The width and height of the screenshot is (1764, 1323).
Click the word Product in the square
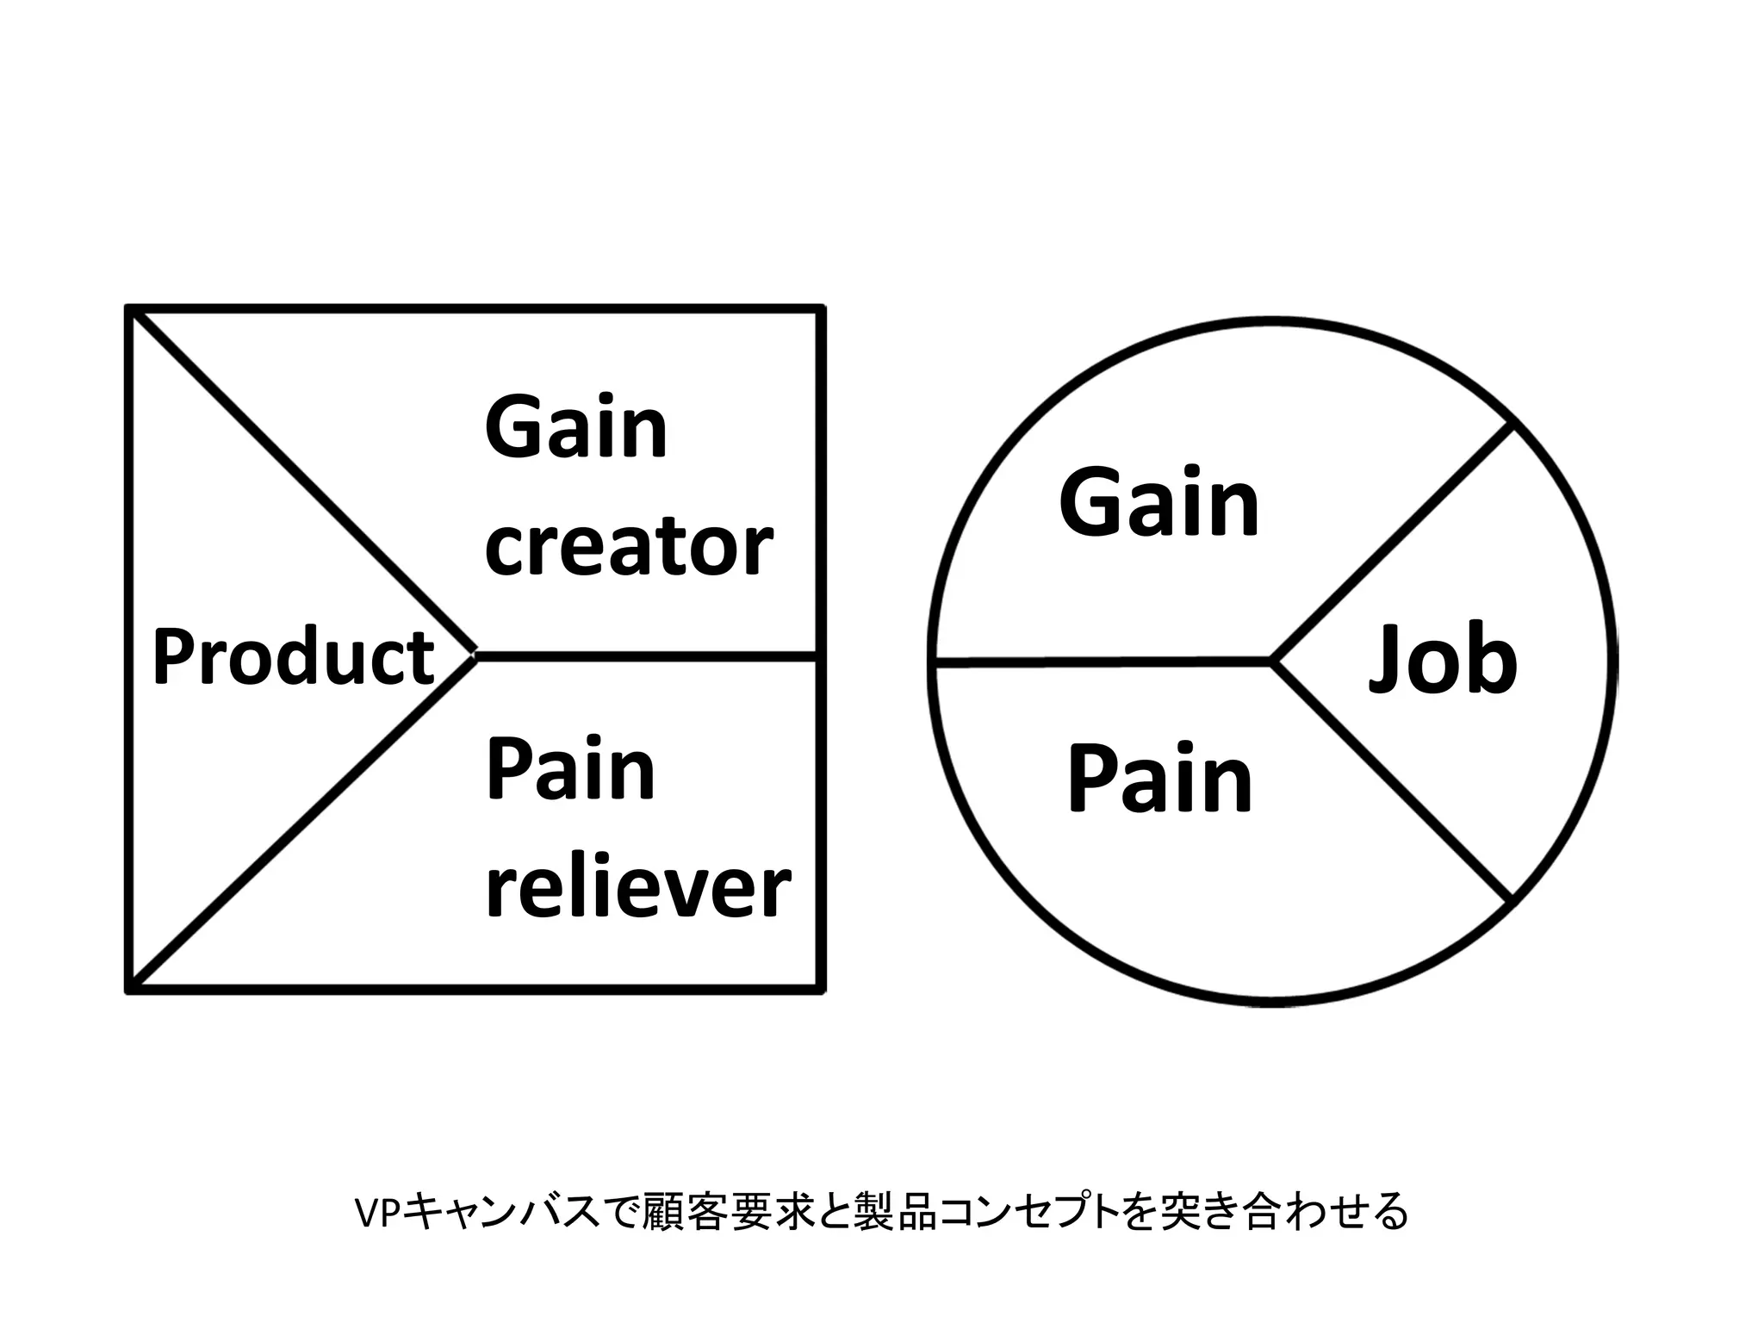(293, 657)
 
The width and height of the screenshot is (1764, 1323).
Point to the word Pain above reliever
(570, 769)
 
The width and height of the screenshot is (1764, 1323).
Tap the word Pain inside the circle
(1159, 780)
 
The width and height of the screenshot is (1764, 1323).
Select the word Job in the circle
(1444, 661)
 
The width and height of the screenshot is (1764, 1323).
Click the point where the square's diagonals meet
(475, 656)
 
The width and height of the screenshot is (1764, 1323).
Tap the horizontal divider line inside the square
(646, 657)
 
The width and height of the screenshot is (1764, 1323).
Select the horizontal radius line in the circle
(1102, 662)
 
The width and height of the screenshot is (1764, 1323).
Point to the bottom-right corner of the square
(821, 990)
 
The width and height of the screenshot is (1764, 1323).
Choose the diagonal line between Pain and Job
(1391, 782)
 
